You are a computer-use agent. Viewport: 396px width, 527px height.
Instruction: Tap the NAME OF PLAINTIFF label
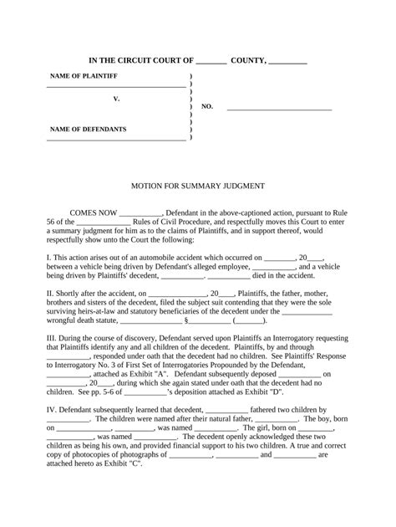84,76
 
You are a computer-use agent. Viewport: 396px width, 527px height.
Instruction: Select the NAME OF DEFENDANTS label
89,130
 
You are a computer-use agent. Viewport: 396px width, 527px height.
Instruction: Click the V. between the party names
117,99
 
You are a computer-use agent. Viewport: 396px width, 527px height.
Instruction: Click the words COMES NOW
93,213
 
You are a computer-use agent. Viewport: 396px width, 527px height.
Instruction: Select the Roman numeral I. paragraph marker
48,257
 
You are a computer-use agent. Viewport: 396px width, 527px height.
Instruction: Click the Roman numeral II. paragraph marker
50,294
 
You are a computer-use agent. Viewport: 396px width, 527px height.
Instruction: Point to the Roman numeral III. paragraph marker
52,340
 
